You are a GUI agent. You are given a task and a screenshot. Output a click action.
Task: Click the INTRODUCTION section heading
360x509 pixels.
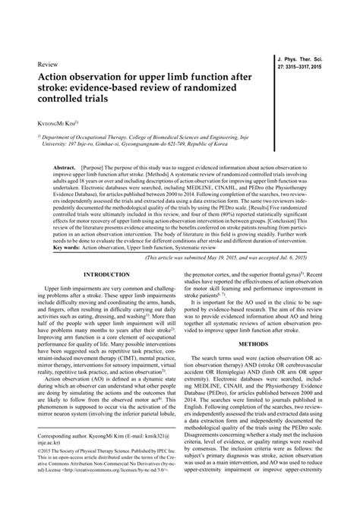click(x=107, y=273)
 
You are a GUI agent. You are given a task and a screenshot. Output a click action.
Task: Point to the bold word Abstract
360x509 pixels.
click(x=64, y=165)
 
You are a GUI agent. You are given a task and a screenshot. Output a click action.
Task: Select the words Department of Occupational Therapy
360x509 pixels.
click(x=90, y=138)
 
